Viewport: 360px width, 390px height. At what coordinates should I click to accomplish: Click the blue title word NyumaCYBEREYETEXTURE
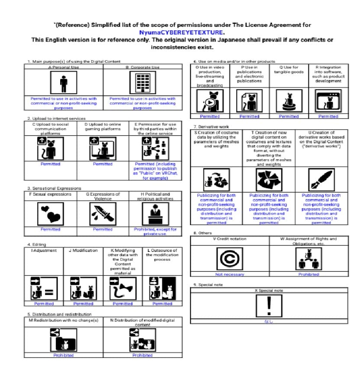coord(182,32)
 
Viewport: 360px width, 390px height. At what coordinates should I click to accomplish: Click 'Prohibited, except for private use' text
coord(155,232)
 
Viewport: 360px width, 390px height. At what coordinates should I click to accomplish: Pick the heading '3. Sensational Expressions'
coord(54,188)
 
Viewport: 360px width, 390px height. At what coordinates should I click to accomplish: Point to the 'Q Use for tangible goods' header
coord(289,70)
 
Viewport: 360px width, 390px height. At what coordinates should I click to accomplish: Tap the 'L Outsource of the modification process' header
coord(162,255)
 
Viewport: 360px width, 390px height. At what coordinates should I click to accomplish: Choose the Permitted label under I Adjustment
coord(44,304)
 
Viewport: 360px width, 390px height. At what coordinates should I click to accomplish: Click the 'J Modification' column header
coord(83,250)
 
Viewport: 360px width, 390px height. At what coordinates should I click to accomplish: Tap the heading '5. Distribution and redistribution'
coord(59,314)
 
